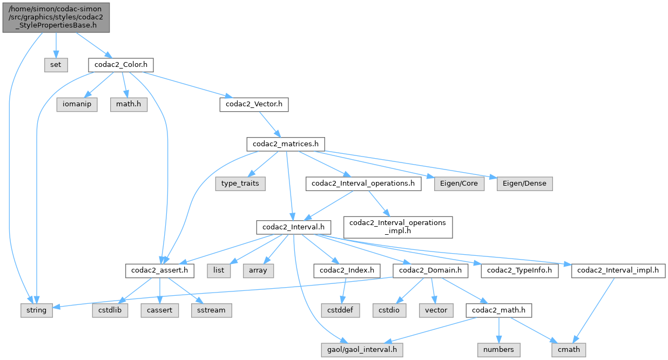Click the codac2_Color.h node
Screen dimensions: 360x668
point(121,65)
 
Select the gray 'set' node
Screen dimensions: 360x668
point(56,65)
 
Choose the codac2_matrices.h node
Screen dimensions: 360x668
point(286,144)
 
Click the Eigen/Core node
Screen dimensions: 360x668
point(459,184)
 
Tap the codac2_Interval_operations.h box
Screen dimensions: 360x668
point(363,184)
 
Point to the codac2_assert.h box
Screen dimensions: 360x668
point(160,270)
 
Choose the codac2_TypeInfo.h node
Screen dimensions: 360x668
point(521,270)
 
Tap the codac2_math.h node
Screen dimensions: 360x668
point(499,310)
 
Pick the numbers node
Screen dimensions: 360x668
point(499,350)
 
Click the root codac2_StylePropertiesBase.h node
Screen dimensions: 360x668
point(56,17)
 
